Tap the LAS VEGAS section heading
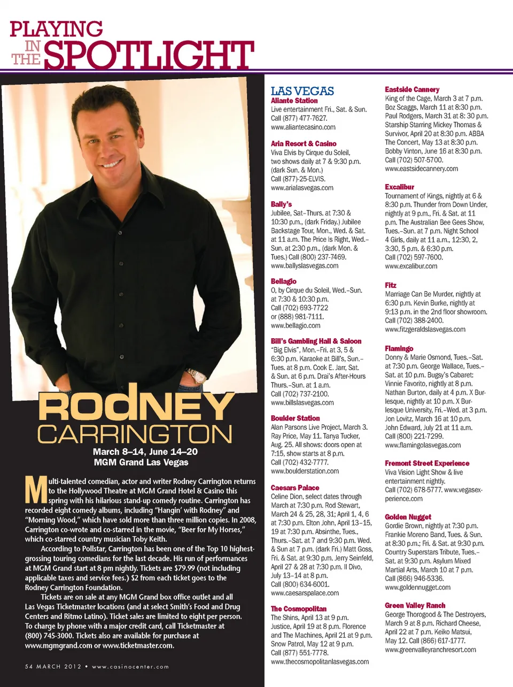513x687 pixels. click(302, 91)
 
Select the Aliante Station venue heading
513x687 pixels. click(294, 101)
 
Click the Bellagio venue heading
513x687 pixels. click(283, 281)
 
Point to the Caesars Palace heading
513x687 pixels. click(294, 488)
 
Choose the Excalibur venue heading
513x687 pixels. click(399, 187)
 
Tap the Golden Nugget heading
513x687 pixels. click(408, 517)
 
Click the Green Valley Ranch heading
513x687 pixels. click(415, 606)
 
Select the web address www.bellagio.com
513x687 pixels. click(296, 325)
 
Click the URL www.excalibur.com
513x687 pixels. click(411, 266)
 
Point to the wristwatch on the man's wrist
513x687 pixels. click(196, 375)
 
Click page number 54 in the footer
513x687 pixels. click(29, 667)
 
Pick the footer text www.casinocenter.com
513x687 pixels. click(130, 667)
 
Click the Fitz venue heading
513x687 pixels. click(391, 285)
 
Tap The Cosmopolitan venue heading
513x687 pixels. click(298, 609)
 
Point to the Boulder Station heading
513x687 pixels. click(295, 418)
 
